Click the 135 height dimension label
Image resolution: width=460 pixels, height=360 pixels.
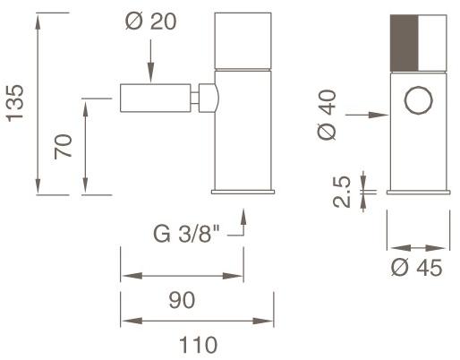coord(15,103)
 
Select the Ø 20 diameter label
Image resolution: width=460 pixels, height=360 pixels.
coord(150,21)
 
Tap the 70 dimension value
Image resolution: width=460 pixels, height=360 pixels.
coord(64,147)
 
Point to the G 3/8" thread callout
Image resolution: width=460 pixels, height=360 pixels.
coord(186,234)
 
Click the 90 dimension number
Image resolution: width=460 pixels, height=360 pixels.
coord(182,300)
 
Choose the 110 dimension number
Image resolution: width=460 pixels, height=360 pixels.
coord(198,345)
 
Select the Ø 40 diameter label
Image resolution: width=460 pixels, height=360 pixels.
coord(327,115)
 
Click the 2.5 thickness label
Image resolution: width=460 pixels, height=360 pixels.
coord(341,192)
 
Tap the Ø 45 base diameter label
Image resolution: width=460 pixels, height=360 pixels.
coord(417,268)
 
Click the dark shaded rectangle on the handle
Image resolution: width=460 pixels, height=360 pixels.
coord(405,43)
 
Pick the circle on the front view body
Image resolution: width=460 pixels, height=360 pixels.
coord(419,100)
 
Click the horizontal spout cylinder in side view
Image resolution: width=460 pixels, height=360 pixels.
coord(155,99)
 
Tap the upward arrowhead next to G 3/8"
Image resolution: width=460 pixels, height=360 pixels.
coord(243,217)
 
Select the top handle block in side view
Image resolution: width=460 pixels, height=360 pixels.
coord(243,41)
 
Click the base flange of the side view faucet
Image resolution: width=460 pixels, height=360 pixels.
coord(243,192)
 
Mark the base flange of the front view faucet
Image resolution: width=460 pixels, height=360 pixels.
coord(418,192)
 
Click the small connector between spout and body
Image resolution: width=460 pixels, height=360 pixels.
coord(194,99)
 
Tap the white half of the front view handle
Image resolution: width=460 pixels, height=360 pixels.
coord(432,43)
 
